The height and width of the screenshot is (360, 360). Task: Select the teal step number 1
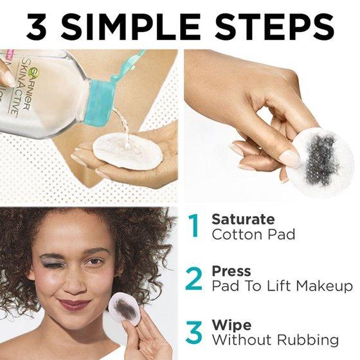click(x=194, y=226)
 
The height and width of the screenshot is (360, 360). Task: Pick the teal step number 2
click(x=194, y=279)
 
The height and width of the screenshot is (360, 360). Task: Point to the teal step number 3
click(x=194, y=332)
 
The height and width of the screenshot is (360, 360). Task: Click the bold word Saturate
click(x=243, y=219)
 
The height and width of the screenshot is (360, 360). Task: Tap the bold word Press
click(x=231, y=271)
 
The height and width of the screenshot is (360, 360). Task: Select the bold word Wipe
click(x=231, y=325)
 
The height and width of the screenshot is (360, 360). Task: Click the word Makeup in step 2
click(x=324, y=287)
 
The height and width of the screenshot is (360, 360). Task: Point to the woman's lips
click(x=74, y=304)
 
